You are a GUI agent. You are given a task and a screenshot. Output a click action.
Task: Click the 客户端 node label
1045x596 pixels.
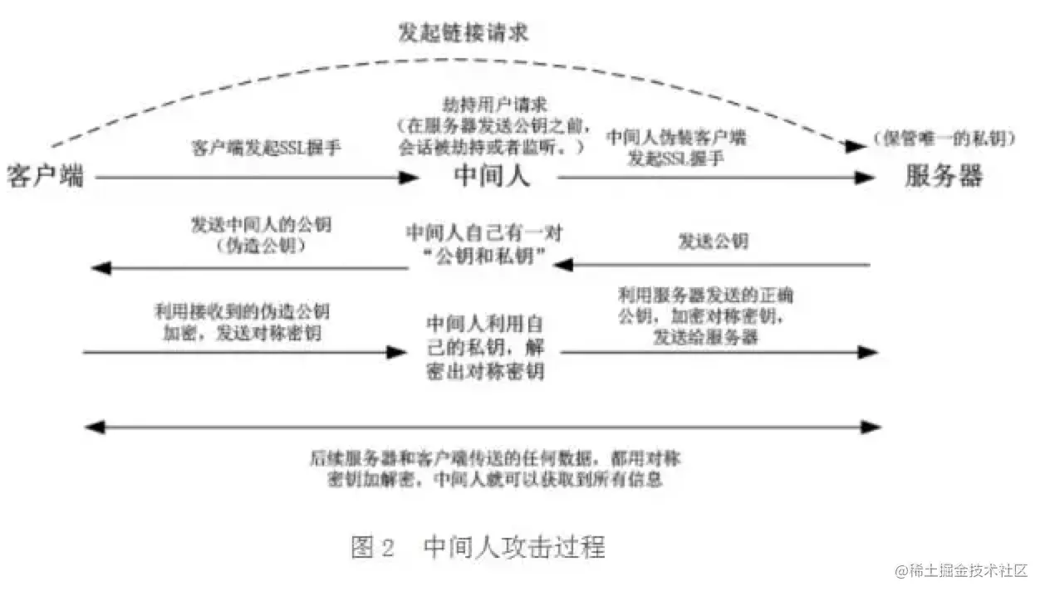tap(46, 176)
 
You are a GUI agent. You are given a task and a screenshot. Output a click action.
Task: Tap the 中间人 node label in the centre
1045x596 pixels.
tap(493, 176)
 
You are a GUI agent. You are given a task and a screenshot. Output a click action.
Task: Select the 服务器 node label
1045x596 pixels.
tap(944, 176)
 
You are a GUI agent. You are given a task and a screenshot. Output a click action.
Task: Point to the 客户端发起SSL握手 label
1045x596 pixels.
tap(267, 149)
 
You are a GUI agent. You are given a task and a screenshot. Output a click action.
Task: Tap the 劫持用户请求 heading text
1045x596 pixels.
tap(490, 106)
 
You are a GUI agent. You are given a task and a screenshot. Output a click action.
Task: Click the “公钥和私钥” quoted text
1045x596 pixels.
tap(484, 256)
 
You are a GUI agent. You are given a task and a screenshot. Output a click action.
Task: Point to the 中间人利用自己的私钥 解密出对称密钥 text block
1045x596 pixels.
tap(485, 346)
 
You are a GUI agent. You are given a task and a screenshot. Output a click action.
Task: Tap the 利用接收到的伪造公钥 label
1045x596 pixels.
tap(241, 312)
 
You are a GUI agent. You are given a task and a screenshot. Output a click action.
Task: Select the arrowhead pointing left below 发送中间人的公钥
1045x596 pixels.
tap(101, 268)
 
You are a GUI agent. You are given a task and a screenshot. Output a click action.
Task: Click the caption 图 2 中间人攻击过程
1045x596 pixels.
tap(478, 547)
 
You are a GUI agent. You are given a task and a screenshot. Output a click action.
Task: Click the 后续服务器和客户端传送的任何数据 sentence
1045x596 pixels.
tap(495, 459)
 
